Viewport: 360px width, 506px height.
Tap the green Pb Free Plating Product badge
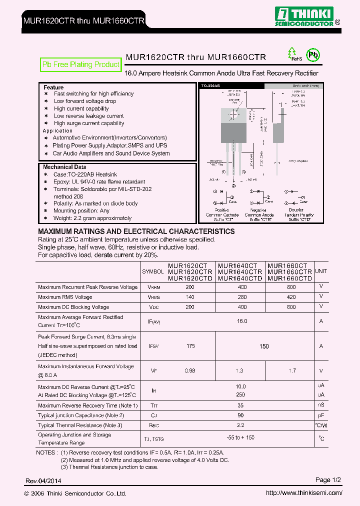[x=80, y=64]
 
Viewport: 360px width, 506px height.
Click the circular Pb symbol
[x=313, y=55]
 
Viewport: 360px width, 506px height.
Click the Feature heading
[x=53, y=87]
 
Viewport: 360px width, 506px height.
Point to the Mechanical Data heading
[x=64, y=167]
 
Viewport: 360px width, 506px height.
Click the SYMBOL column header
[x=153, y=271]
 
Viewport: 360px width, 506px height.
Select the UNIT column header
[x=321, y=271]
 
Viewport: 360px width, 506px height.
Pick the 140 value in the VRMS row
[x=190, y=297]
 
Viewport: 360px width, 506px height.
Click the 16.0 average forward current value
[x=242, y=321]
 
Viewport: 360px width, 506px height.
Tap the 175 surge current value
[x=190, y=345]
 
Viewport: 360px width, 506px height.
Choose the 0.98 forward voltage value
[x=190, y=370]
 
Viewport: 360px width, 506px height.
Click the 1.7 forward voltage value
[x=292, y=370]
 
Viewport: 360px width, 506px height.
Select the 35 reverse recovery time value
[x=240, y=405]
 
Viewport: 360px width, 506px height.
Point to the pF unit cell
[x=321, y=415]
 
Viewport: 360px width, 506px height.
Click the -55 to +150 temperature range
[x=240, y=438]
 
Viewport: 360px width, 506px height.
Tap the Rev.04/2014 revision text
[x=44, y=481]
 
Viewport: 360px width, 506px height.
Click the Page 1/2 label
[x=328, y=480]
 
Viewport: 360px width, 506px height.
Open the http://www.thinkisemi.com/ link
[x=304, y=493]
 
